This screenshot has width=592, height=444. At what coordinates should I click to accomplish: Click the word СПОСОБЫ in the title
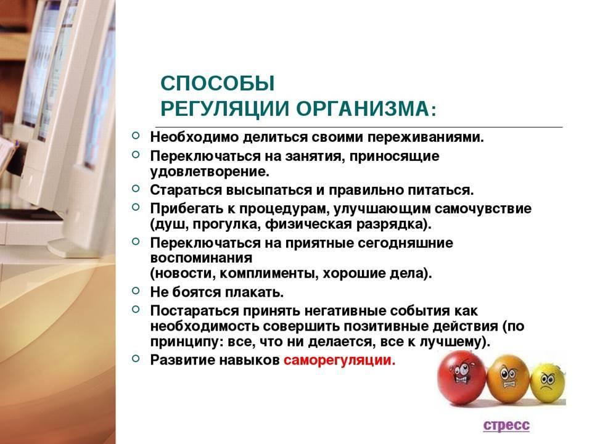(218, 83)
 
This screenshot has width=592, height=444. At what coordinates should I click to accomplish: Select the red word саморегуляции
(339, 360)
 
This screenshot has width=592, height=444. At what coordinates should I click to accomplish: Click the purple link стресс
(506, 425)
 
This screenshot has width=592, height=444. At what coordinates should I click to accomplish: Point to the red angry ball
(461, 379)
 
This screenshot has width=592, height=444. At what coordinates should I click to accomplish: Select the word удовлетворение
(210, 172)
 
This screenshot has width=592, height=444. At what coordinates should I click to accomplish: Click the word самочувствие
(483, 209)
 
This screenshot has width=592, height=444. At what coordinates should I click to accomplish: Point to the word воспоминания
(201, 258)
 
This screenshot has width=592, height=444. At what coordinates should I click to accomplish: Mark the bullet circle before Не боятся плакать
(136, 290)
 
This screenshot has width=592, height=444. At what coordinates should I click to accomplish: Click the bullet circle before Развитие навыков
(136, 358)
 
